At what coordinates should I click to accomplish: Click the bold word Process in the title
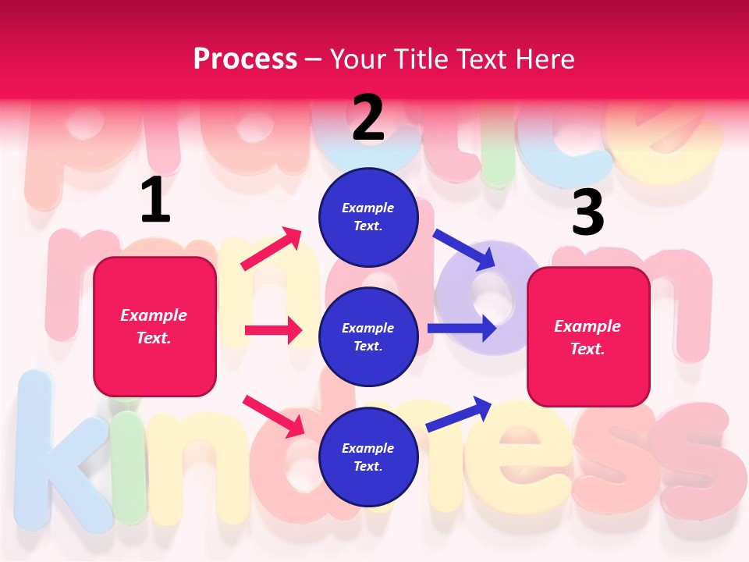pyautogui.click(x=245, y=59)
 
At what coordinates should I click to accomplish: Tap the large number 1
pyautogui.click(x=155, y=201)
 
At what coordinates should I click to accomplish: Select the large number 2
pyautogui.click(x=368, y=118)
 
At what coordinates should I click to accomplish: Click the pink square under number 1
pyautogui.click(x=154, y=326)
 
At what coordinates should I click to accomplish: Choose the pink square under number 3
pyautogui.click(x=588, y=336)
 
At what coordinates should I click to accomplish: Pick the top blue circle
pyautogui.click(x=368, y=217)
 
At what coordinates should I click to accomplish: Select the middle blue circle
pyautogui.click(x=368, y=337)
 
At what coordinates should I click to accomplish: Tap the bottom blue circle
pyautogui.click(x=368, y=457)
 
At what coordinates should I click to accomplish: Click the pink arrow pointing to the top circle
pyautogui.click(x=272, y=249)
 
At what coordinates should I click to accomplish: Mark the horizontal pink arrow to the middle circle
pyautogui.click(x=273, y=330)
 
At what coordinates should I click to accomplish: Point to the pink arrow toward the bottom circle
pyautogui.click(x=273, y=416)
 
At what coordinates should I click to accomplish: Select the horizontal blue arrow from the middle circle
pyautogui.click(x=462, y=328)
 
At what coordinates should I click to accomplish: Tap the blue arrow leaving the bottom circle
pyautogui.click(x=460, y=414)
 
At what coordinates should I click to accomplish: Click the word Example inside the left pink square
pyautogui.click(x=154, y=315)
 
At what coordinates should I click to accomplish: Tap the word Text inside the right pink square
pyautogui.click(x=587, y=349)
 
